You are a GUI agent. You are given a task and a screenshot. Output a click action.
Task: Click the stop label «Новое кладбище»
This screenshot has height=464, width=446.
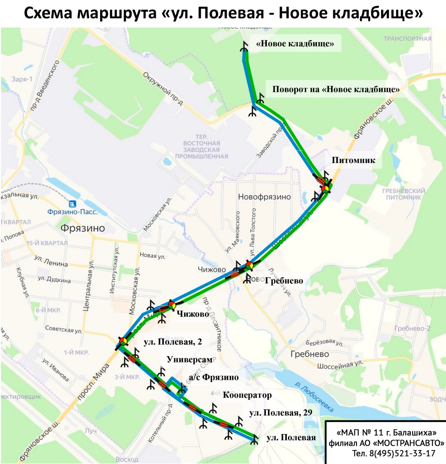pyautogui.click(x=295, y=43)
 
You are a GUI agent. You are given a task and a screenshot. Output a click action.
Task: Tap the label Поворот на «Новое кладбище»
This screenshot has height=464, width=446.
pyautogui.click(x=336, y=89)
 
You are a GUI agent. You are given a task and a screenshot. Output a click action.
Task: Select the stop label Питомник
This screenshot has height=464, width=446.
pyautogui.click(x=353, y=160)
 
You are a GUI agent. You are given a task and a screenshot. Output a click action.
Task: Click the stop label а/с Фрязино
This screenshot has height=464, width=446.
pyautogui.click(x=214, y=377)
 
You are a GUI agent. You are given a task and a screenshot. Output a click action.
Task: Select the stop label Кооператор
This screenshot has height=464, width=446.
pyautogui.click(x=247, y=395)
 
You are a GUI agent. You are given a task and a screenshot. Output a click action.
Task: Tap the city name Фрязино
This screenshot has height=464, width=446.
pyautogui.click(x=83, y=228)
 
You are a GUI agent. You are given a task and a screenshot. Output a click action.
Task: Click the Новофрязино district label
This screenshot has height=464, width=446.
pyautogui.click(x=264, y=197)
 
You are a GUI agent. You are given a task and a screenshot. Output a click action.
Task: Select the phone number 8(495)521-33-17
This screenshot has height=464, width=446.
pyautogui.click(x=393, y=453)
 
